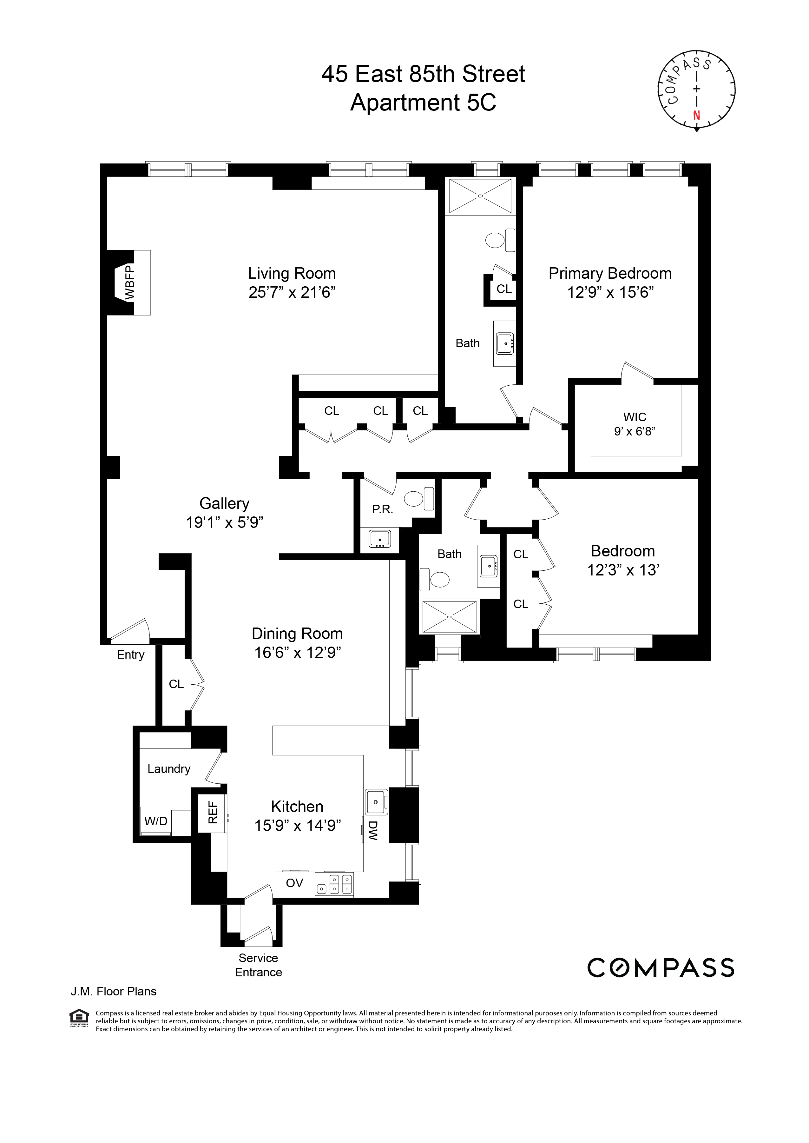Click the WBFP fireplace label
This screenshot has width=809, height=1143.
pyautogui.click(x=129, y=282)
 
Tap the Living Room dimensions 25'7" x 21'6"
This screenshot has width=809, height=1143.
pyautogui.click(x=292, y=292)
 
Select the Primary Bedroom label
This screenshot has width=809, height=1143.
pyautogui.click(x=610, y=274)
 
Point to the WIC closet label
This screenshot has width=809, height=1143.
pyautogui.click(x=635, y=417)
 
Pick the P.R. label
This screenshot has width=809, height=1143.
pyautogui.click(x=383, y=509)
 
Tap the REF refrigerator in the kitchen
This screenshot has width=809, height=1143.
pyautogui.click(x=213, y=812)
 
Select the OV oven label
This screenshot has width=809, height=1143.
pyautogui.click(x=294, y=883)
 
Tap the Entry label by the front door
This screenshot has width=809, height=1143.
pyautogui.click(x=130, y=655)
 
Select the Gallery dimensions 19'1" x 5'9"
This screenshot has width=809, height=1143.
pyautogui.click(x=224, y=522)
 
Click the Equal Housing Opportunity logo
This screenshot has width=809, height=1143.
pyautogui.click(x=79, y=1017)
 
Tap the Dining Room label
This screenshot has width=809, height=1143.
pyautogui.click(x=297, y=634)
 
